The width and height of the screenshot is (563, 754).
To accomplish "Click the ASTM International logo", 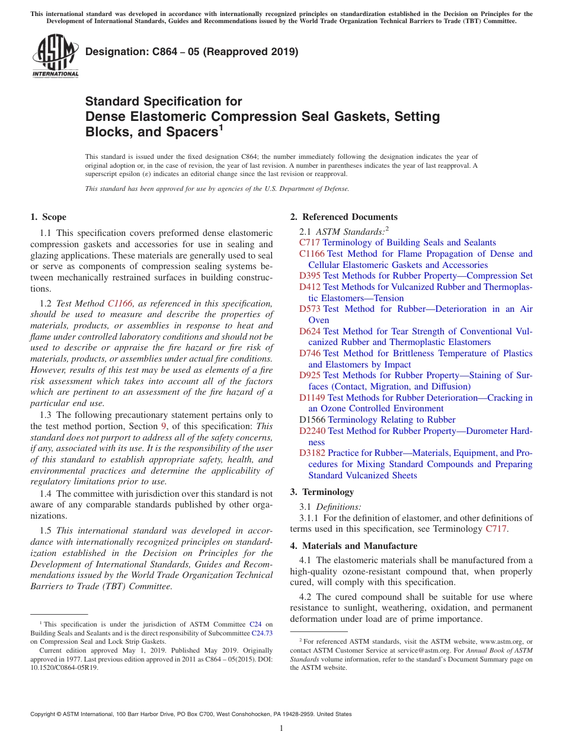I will [55, 56].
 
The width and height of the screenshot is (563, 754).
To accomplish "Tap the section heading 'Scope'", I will [54, 217].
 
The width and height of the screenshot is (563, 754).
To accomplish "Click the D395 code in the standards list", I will [310, 276].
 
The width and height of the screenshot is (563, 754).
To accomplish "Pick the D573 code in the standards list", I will [310, 309].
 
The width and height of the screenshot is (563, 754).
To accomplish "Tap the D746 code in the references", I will [310, 353].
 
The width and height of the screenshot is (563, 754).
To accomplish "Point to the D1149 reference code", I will [312, 398].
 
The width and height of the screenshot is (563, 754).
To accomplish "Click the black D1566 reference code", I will [312, 420].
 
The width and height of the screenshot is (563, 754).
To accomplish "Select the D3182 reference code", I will [312, 453].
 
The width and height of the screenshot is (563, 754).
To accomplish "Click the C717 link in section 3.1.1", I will [496, 529].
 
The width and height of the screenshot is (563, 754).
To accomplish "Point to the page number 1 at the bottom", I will [281, 728].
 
